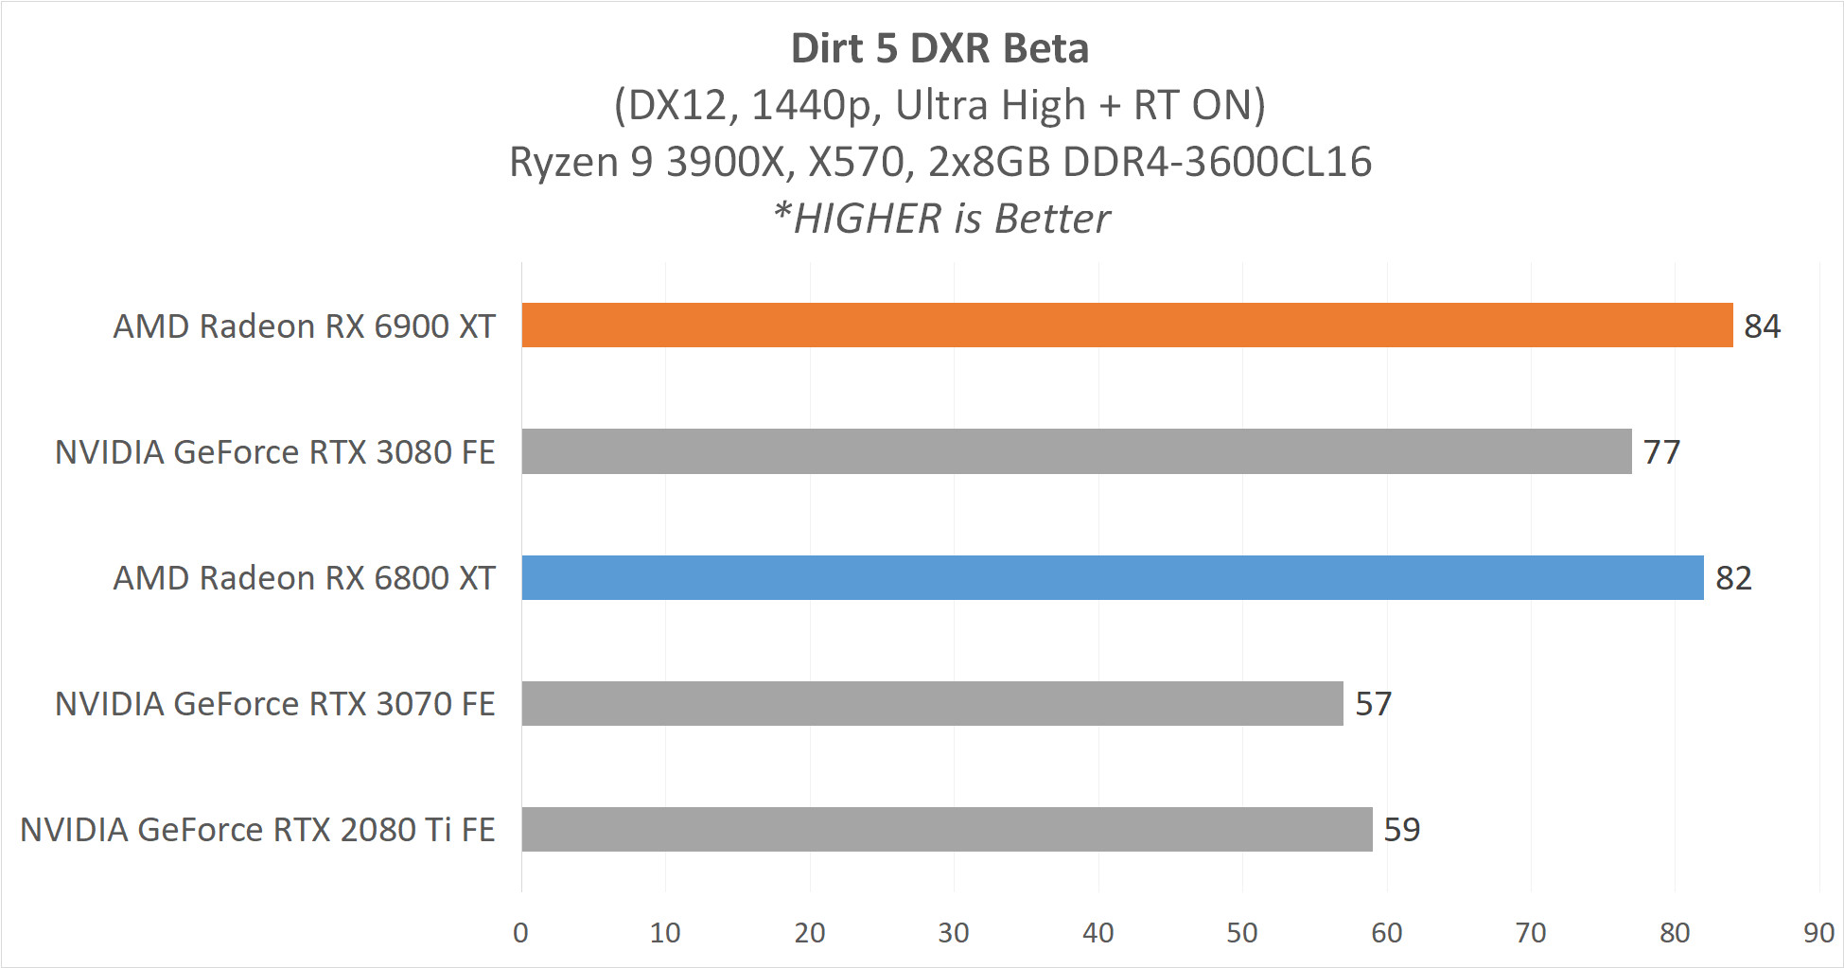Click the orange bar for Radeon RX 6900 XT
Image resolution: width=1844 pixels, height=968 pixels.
1126,326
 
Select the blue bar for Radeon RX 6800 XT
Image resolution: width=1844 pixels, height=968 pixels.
1112,577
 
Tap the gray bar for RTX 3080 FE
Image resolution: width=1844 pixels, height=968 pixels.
1076,451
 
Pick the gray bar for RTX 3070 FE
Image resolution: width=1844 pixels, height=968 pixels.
932,703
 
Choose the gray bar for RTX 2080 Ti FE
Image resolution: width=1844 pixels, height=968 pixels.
946,829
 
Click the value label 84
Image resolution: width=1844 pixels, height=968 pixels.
1762,326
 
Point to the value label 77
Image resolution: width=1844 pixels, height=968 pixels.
1661,452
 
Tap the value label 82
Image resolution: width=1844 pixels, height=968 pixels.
1733,578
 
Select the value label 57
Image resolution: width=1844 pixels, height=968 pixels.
1373,704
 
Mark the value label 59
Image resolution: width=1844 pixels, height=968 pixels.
1401,830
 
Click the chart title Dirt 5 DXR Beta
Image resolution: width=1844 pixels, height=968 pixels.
940,49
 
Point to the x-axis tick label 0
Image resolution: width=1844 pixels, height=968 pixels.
520,933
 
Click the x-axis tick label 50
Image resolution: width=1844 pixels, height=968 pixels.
1241,933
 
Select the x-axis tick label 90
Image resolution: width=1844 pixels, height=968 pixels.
1818,933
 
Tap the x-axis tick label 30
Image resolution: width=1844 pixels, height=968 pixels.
953,933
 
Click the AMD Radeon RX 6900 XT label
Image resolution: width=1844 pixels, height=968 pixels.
304,326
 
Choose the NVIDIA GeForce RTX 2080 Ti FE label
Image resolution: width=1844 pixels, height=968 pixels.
257,830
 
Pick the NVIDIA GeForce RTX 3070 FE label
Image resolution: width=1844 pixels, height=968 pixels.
274,704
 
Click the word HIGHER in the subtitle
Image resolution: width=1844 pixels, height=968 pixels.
868,220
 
